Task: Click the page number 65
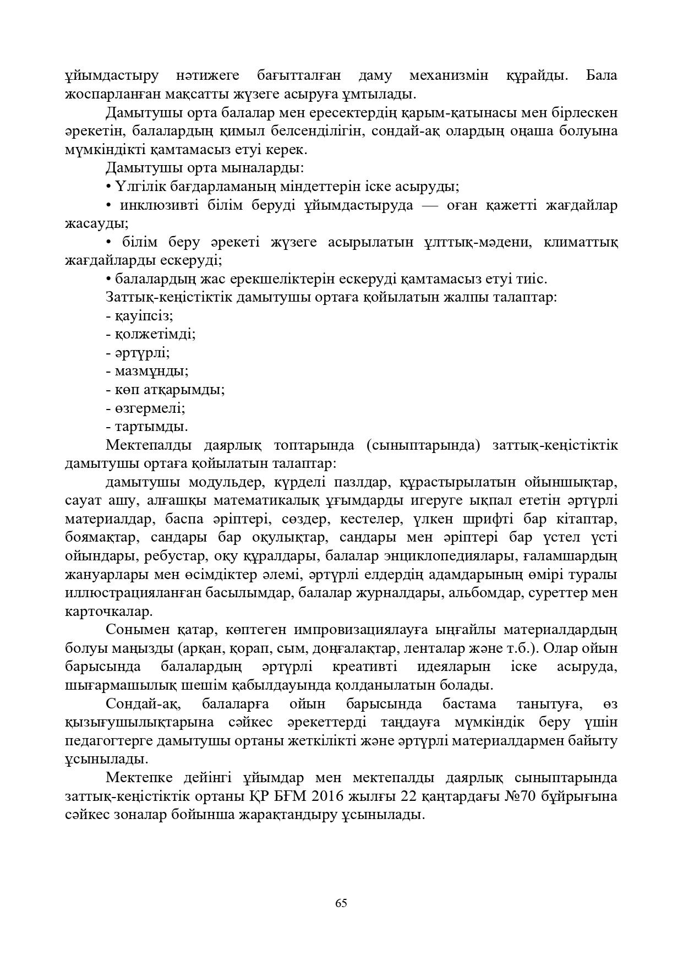(x=341, y=903)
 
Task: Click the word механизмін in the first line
(x=449, y=75)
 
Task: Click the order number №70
(x=523, y=796)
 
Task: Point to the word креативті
(x=365, y=667)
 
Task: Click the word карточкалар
(x=108, y=612)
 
